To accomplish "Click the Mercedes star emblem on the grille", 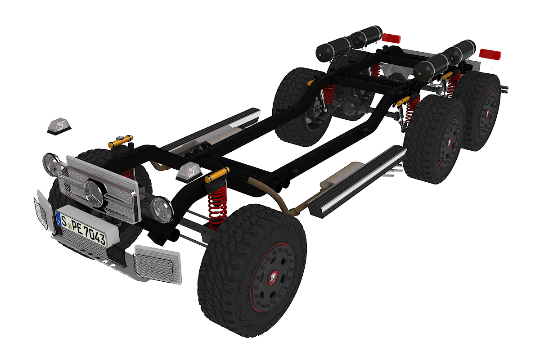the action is tap(94, 193).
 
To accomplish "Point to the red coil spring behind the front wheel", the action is tap(217, 208).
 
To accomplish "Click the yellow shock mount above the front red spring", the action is tap(217, 175).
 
